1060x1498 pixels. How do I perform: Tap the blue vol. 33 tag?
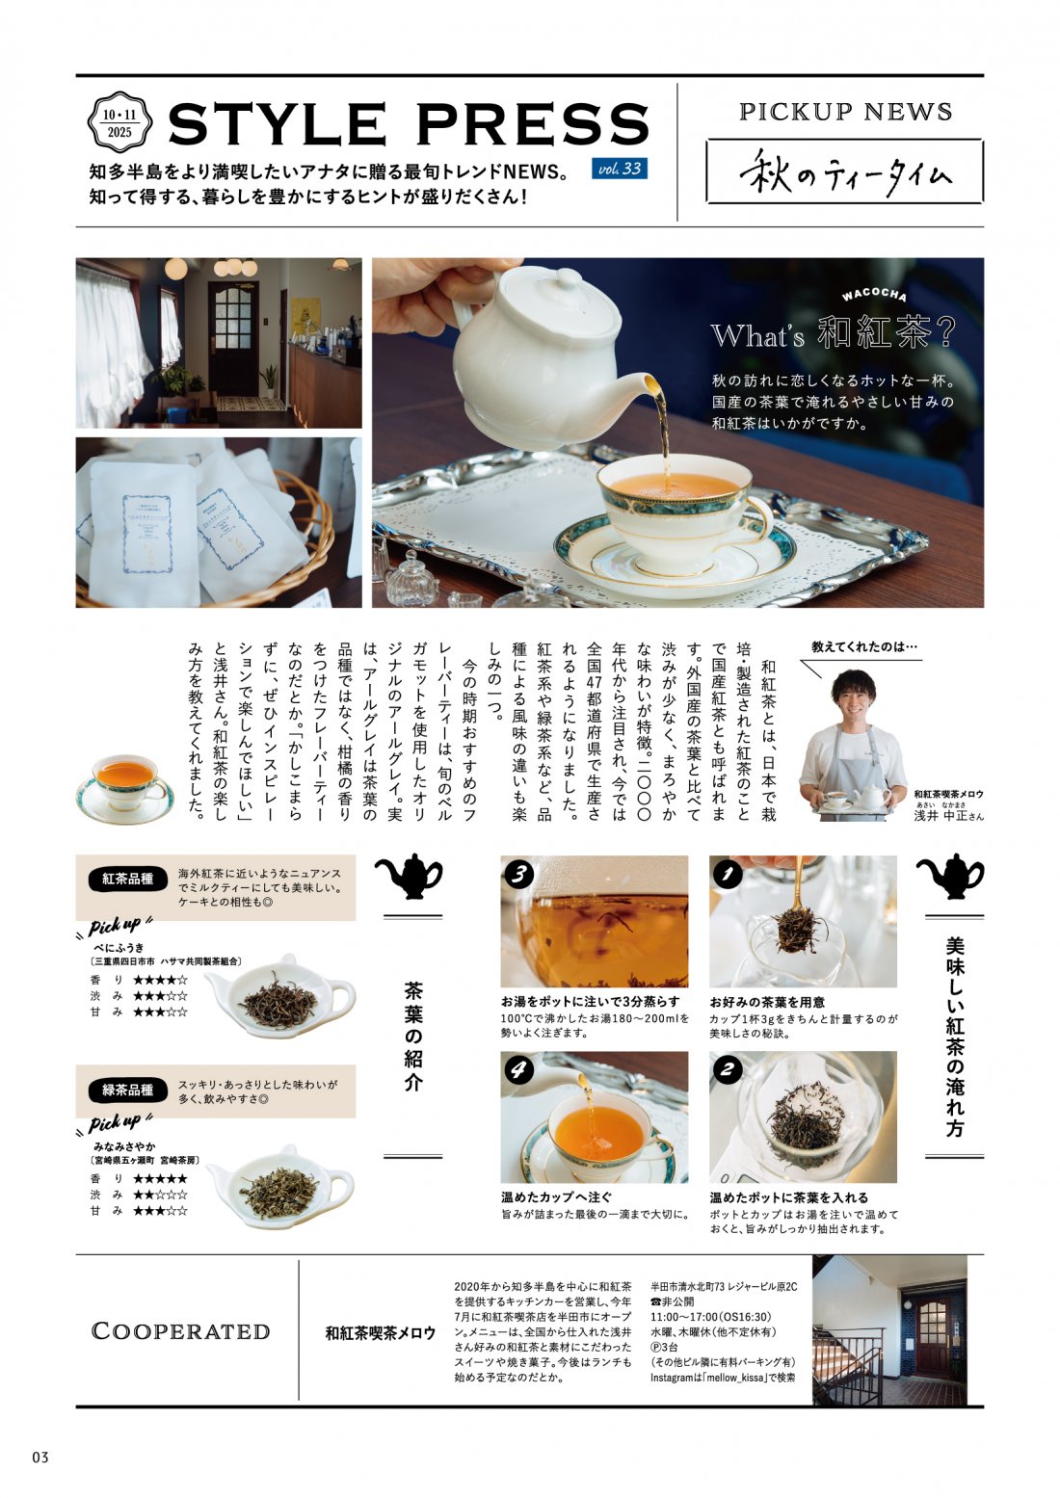[620, 169]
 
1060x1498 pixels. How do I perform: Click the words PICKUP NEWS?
[845, 112]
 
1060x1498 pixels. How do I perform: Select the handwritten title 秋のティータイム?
[845, 173]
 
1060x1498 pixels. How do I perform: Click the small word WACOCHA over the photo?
[873, 294]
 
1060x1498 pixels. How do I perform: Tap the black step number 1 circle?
[727, 874]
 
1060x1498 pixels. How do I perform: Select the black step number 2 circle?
[727, 1069]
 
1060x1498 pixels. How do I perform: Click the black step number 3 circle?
[519, 874]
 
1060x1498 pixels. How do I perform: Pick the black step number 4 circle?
[519, 1069]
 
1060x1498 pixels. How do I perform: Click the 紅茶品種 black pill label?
[128, 879]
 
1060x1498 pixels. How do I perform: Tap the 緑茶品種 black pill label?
[128, 1090]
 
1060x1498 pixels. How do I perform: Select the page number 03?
[40, 1457]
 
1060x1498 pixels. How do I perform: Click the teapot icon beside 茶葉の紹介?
[408, 876]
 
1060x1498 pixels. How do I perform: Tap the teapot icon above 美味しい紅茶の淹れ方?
[949, 876]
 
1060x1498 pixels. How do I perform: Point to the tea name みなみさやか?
[124, 1146]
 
